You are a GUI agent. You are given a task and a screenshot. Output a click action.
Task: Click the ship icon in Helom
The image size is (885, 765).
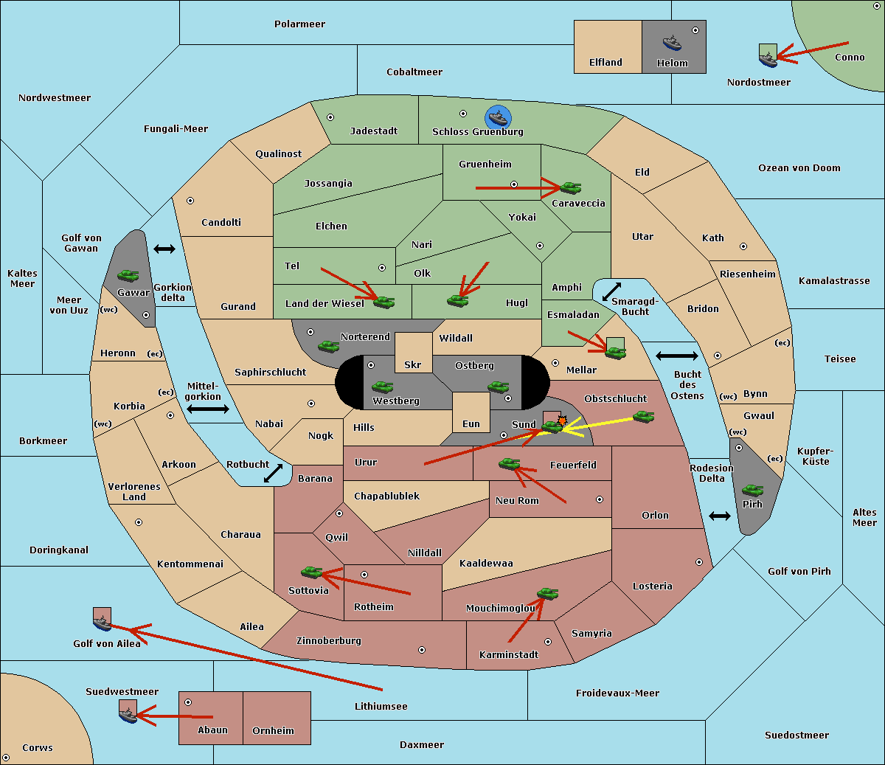tap(672, 42)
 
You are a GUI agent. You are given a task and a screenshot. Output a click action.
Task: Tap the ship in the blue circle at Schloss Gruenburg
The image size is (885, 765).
tap(499, 118)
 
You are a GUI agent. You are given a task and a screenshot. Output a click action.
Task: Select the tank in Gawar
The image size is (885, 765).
tap(128, 275)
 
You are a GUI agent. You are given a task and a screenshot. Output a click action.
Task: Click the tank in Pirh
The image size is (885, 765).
tap(753, 490)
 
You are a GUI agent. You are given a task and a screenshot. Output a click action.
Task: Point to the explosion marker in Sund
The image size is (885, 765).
tap(563, 421)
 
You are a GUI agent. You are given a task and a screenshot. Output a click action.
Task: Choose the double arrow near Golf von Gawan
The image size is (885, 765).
tap(164, 249)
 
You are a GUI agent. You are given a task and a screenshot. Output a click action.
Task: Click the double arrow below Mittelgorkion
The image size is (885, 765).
tap(208, 409)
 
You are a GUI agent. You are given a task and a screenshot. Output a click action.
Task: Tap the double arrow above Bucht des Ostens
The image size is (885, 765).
tap(676, 356)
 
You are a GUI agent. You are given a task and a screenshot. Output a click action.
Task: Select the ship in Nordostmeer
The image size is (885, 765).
tap(768, 56)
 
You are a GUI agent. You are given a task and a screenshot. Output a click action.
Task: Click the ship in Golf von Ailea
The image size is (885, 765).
tap(102, 620)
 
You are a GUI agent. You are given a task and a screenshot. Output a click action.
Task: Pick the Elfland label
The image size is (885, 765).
tap(605, 63)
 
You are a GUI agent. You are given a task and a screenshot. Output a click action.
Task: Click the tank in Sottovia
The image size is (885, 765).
tap(312, 572)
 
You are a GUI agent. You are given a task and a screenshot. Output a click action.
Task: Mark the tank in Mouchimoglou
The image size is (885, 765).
tap(547, 593)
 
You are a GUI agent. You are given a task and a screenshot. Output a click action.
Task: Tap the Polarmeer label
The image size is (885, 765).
tap(299, 24)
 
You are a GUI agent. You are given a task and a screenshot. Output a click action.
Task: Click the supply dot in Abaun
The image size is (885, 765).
tap(188, 702)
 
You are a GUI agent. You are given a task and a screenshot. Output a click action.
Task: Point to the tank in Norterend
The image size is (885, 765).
tap(328, 345)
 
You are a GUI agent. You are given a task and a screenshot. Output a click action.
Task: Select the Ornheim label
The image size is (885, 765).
tap(273, 730)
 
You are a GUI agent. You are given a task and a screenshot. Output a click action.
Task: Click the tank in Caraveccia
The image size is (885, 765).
tap(570, 187)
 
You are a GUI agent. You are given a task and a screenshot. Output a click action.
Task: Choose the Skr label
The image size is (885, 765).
tap(413, 365)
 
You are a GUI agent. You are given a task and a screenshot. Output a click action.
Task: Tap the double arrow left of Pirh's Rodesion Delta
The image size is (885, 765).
tap(720, 516)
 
